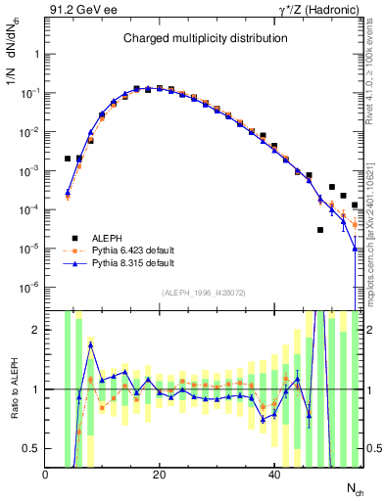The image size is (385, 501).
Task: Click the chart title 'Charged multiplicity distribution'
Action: point(205,38)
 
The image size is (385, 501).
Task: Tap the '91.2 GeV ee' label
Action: point(80,10)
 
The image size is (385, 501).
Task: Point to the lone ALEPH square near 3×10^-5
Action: point(320,230)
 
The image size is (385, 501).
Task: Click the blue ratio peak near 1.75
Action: point(91,344)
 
